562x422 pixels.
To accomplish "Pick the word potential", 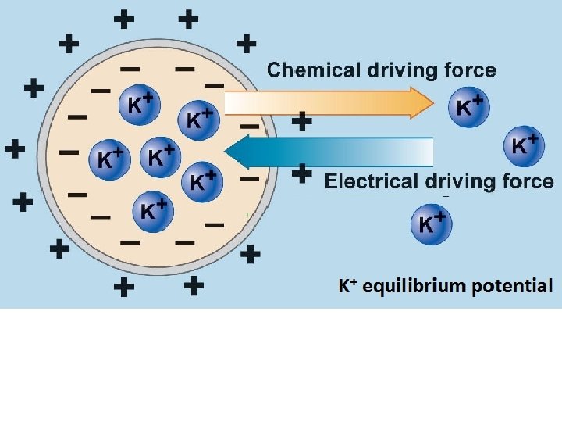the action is tap(512, 286).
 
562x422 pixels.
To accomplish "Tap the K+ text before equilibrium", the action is tap(347, 286).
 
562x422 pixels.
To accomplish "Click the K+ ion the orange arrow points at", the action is tap(469, 108).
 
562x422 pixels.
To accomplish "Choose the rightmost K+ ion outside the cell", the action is tap(524, 145).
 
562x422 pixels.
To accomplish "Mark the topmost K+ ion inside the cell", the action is tap(139, 107).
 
